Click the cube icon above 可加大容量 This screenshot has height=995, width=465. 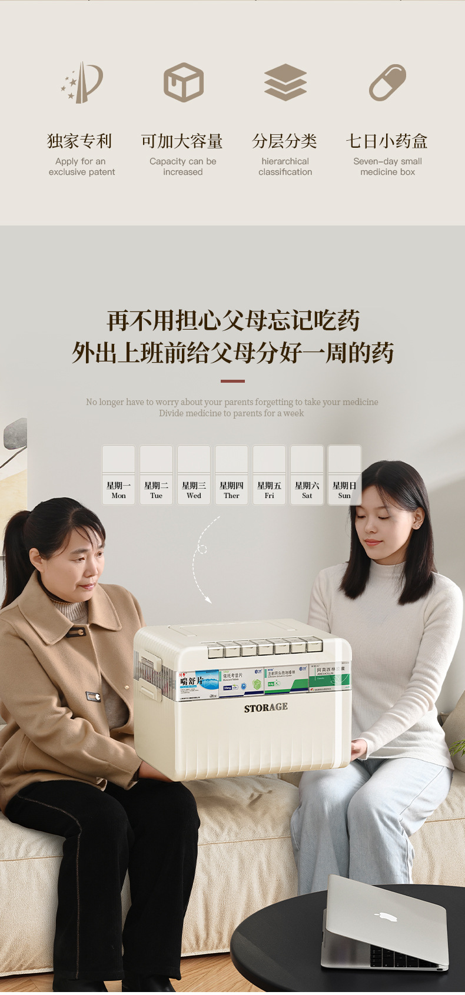183,82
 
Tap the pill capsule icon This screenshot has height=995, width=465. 387,82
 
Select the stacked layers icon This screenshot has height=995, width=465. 285,82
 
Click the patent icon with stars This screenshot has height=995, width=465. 82,82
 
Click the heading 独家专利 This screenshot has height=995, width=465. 79,141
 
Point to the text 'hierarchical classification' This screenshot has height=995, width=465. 285,167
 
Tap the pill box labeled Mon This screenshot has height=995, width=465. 118,475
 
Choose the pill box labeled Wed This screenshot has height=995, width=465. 194,475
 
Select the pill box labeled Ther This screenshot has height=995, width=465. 231,475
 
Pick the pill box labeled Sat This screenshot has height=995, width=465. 307,475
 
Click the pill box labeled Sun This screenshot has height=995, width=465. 344,475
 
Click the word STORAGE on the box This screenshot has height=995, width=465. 266,708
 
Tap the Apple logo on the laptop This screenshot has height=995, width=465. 386,917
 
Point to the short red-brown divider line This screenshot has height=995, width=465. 232,381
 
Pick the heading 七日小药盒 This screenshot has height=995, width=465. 387,141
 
